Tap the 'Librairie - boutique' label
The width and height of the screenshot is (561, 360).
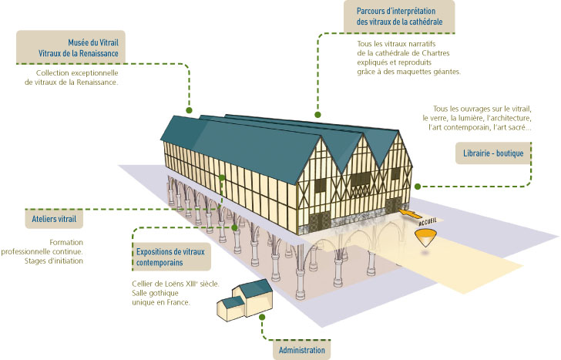point(489,153)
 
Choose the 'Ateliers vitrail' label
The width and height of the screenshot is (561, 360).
point(55,219)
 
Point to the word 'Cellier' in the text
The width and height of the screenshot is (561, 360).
point(146,283)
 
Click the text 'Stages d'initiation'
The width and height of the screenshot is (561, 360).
point(53,261)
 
